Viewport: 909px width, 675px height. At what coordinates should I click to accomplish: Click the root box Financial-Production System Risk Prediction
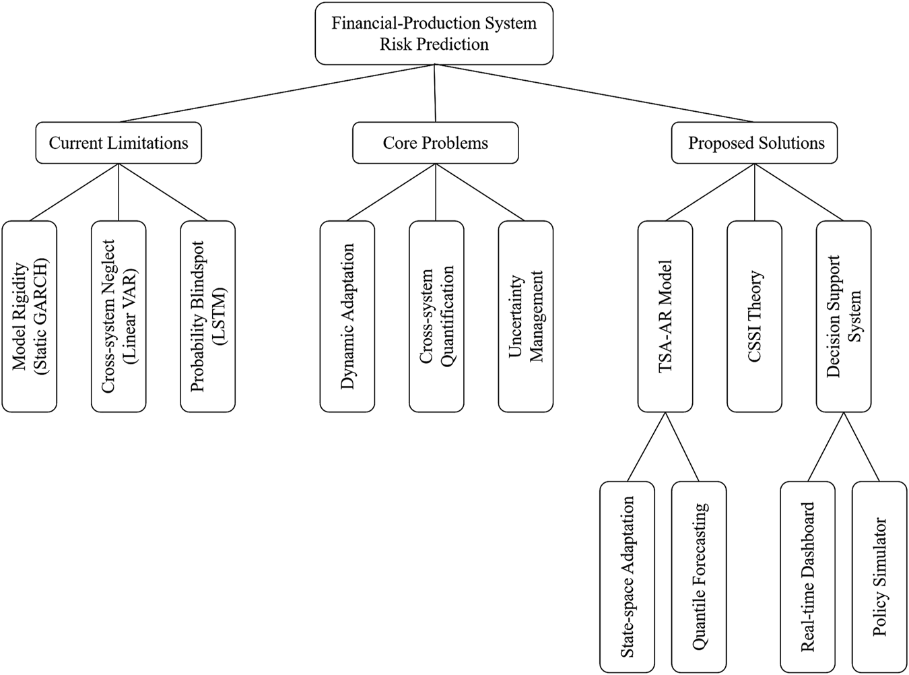pos(434,34)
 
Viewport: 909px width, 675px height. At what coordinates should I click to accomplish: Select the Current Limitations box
pos(119,143)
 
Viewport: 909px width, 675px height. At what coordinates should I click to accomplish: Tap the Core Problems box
pos(435,143)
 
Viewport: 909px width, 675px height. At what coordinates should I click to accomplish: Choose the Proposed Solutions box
pos(755,143)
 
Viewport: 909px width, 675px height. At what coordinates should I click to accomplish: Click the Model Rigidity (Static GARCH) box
pos(30,316)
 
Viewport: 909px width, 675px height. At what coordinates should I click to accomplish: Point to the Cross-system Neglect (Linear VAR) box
pos(119,316)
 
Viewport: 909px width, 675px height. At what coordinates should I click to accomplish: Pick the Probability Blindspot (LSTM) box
pos(207,316)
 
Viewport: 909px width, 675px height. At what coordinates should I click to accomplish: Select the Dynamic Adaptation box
pos(347,316)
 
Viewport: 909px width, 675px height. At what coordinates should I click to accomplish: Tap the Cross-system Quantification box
pos(436,316)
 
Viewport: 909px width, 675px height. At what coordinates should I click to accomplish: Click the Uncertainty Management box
pos(525,316)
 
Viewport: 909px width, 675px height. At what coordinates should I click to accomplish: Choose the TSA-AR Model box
pos(665,316)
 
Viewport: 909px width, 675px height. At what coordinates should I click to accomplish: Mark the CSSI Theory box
pos(754,316)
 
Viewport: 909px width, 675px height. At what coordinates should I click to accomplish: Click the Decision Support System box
pos(843,316)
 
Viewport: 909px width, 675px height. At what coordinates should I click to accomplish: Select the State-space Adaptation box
pos(627,577)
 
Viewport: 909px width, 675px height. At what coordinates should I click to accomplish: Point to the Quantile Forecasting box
pos(699,577)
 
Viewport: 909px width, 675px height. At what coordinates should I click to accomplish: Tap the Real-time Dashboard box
pos(807,577)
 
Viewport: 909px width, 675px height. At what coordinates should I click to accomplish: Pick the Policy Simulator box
pos(879,577)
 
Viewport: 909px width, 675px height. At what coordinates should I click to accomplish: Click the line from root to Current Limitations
pos(276,94)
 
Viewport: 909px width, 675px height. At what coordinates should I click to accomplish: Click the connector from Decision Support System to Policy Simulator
pos(861,447)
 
